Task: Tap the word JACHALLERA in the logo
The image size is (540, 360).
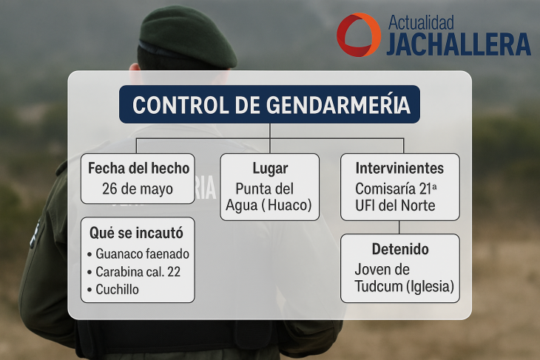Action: click(x=459, y=44)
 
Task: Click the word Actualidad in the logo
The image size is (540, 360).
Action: click(x=421, y=23)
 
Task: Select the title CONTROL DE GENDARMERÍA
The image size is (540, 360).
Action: click(x=271, y=105)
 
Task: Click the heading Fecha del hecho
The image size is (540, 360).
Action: click(x=138, y=169)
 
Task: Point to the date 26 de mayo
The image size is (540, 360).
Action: click(x=138, y=189)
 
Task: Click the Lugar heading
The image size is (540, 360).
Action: click(x=270, y=169)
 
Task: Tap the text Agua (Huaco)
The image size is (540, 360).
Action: click(x=269, y=205)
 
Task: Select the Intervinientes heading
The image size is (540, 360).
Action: click(x=399, y=169)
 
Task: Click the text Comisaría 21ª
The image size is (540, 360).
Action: click(x=396, y=189)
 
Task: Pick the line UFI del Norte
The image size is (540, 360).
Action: click(x=395, y=206)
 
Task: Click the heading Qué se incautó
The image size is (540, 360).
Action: click(x=136, y=233)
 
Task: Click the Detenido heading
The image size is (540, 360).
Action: click(x=400, y=249)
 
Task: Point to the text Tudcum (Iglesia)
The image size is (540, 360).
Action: click(x=405, y=286)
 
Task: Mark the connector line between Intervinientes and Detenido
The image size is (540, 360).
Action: click(x=399, y=227)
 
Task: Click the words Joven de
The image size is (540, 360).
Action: click(x=382, y=270)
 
